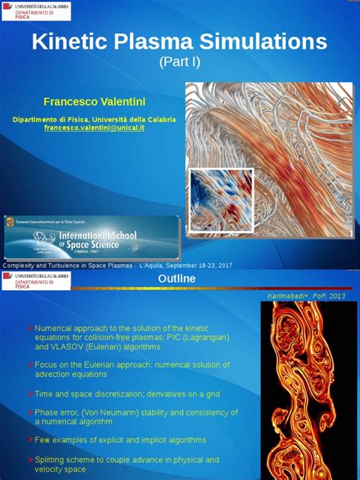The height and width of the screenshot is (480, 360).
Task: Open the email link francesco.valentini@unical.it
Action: (94, 128)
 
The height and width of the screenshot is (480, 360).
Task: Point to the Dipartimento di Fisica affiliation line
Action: (94, 119)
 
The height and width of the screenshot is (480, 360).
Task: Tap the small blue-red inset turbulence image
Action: (221, 200)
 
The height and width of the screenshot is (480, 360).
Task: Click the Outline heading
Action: (176, 279)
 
